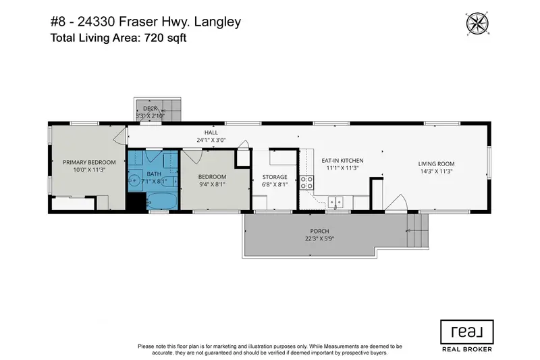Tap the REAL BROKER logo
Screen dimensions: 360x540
pyautogui.click(x=466, y=336)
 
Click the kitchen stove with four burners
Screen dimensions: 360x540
pyautogui.click(x=306, y=182)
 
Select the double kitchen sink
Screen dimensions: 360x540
pyautogui.click(x=335, y=201)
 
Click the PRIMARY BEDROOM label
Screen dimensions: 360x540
pyautogui.click(x=89, y=163)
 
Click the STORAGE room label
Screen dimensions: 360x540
pyautogui.click(x=275, y=177)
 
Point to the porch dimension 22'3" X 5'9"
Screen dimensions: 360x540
pyautogui.click(x=319, y=238)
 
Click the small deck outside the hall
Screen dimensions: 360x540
pyautogui.click(x=158, y=110)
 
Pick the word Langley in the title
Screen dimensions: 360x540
pyautogui.click(x=217, y=22)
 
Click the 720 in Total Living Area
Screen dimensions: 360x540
pyautogui.click(x=150, y=38)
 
